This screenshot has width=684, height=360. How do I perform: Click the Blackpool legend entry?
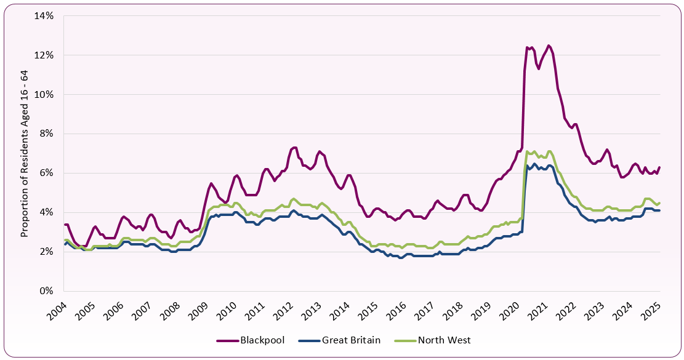point(254,340)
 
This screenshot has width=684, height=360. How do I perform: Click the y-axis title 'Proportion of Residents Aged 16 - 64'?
point(25,153)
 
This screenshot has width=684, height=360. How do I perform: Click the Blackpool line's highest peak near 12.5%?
point(549,46)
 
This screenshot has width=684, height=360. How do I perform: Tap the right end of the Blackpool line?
point(660,167)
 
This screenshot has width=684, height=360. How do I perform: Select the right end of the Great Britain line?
point(660,210)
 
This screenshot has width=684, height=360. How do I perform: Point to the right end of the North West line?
point(660,202)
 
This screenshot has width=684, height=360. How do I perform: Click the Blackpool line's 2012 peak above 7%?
point(294,148)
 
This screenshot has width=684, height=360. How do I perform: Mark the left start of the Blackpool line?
point(65,225)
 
